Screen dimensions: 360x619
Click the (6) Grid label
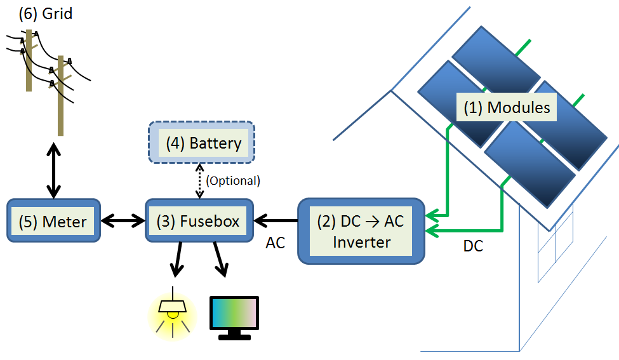[45, 13]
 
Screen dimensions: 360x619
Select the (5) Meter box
[54, 221]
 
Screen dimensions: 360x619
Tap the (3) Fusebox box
[199, 221]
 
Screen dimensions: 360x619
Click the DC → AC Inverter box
[361, 231]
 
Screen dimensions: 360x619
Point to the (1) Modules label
[506, 107]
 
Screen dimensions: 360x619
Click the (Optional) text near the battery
[233, 180]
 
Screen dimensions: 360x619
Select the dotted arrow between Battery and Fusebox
[200, 180]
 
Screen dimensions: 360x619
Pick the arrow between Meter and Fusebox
[123, 221]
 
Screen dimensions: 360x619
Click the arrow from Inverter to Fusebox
[276, 221]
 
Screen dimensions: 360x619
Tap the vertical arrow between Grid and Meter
[53, 170]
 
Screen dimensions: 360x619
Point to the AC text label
[276, 243]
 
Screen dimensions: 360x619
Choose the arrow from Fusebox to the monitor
[219, 260]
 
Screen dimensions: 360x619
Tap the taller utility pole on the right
[61, 95]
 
